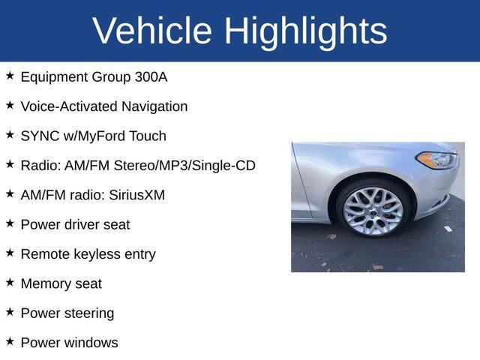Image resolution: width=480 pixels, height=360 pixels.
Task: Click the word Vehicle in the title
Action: (x=152, y=31)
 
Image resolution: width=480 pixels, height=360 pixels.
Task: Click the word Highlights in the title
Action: (x=305, y=31)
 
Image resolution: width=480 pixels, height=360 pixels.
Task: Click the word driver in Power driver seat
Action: (x=84, y=224)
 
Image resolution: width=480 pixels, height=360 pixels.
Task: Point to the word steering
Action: (x=89, y=313)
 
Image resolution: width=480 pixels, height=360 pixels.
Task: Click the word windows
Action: (x=90, y=343)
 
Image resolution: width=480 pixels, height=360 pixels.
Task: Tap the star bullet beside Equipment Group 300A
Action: (x=10, y=76)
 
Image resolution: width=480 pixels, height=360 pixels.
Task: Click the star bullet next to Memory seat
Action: (x=10, y=283)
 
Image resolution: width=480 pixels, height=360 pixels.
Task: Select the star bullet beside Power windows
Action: (x=10, y=342)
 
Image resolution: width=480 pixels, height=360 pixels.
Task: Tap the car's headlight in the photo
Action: (x=436, y=160)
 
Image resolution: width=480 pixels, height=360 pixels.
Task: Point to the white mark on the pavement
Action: (x=448, y=228)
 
